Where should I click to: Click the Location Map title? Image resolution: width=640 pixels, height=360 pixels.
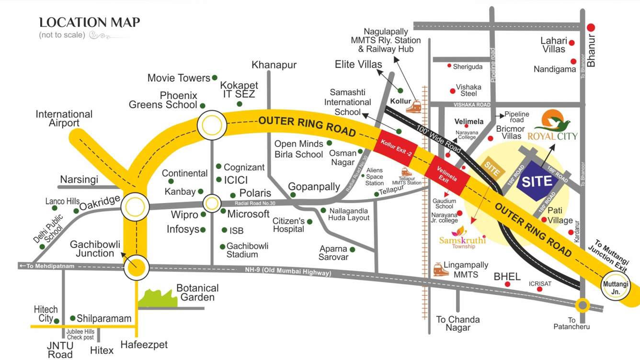click(90, 22)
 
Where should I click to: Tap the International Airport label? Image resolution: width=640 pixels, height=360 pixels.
click(64, 119)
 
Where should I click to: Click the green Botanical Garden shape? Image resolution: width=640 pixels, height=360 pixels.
click(158, 298)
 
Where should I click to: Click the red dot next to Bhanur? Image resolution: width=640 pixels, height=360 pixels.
click(591, 28)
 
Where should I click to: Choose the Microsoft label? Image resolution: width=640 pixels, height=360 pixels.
click(248, 214)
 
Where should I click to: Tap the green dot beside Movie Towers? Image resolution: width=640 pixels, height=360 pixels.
click(215, 78)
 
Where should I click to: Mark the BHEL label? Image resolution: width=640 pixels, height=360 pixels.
click(507, 276)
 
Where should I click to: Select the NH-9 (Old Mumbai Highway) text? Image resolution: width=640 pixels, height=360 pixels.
click(285, 272)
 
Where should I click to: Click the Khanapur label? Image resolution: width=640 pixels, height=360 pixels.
click(274, 65)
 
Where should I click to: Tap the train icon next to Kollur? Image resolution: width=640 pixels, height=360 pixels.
click(413, 107)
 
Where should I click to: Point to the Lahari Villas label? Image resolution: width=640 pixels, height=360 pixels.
click(554, 45)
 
